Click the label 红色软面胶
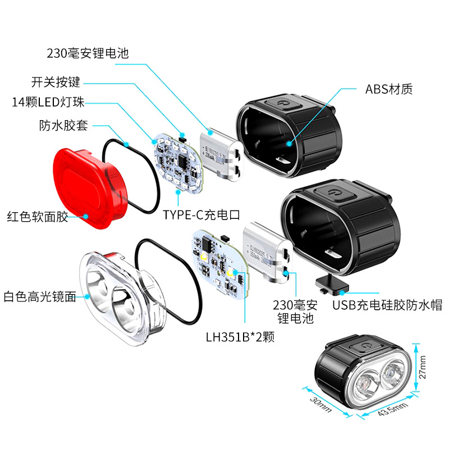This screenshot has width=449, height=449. pos(38,216)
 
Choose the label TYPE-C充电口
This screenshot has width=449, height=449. pos(201,214)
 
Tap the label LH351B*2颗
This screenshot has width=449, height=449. pos(240,337)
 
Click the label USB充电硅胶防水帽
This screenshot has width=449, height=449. pos(387,305)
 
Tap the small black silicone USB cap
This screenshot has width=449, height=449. pos(329,283)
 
